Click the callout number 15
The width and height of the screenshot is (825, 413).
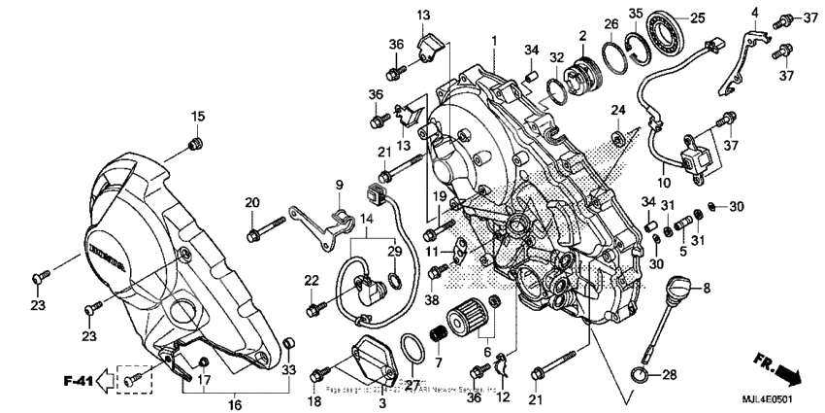point(197,117)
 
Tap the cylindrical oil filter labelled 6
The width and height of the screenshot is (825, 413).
point(464,322)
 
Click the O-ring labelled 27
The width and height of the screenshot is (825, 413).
point(412,348)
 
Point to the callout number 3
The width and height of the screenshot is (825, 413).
point(381,401)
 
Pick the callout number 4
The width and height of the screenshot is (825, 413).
point(753,12)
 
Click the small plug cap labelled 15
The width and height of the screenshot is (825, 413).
point(196,146)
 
